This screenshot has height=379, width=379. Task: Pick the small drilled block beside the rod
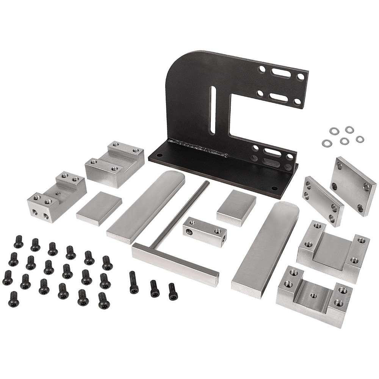(205, 231)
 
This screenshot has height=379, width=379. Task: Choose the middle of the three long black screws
(154, 288)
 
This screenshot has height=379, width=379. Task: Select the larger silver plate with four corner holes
(352, 186)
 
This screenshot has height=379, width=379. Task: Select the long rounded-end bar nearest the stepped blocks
(146, 206)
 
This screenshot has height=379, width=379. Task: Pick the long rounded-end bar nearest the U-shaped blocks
(266, 248)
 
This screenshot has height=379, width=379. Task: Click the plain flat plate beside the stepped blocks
(99, 208)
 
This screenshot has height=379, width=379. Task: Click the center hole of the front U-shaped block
(313, 295)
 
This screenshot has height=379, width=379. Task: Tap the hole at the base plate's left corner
(159, 155)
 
